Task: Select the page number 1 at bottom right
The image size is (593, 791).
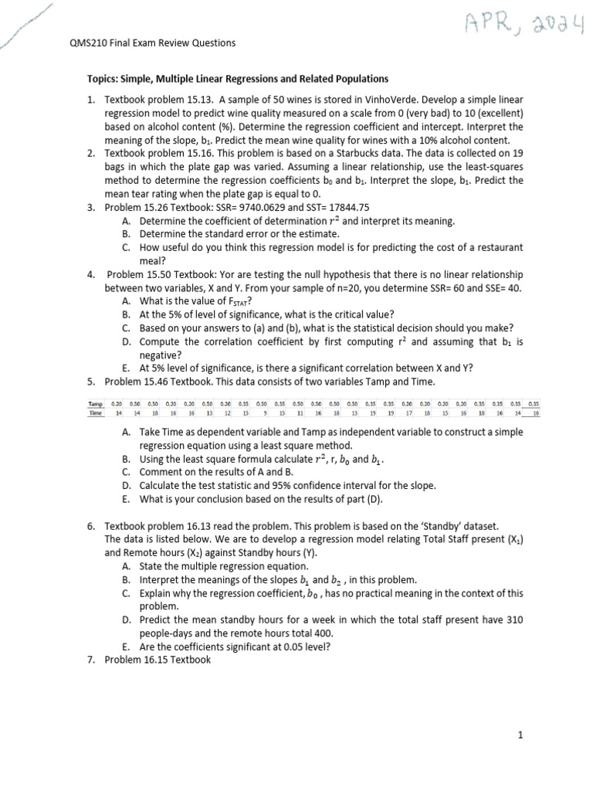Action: tap(521, 736)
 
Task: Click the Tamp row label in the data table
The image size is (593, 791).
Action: tap(96, 402)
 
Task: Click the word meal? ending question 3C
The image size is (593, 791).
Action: tap(152, 260)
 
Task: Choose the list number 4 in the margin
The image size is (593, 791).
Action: tap(90, 274)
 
